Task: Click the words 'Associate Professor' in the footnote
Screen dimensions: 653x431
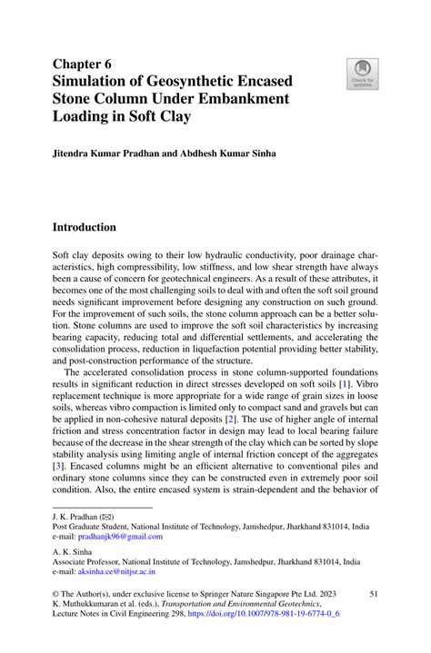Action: point(88,561)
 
